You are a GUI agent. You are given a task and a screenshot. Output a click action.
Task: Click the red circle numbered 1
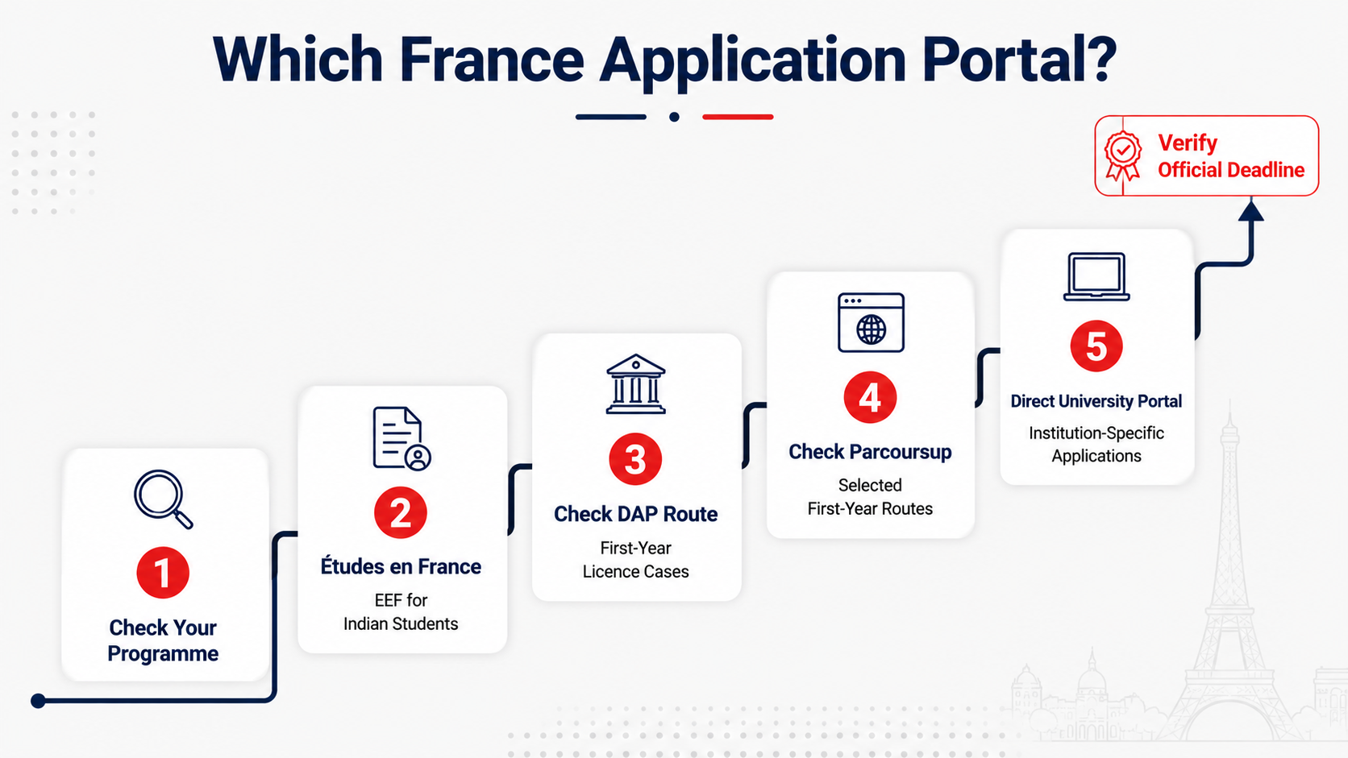(x=163, y=572)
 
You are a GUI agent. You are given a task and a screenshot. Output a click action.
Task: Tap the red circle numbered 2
(x=400, y=513)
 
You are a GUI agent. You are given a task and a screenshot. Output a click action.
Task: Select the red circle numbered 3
(x=635, y=459)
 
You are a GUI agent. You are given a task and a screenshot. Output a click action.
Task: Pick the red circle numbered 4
(x=870, y=397)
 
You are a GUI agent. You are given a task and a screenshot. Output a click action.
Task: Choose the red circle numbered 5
(x=1096, y=346)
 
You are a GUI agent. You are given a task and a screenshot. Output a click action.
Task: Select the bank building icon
(x=635, y=384)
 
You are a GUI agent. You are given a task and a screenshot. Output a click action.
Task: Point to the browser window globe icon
(x=871, y=322)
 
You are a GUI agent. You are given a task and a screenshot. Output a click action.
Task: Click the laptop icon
(x=1096, y=276)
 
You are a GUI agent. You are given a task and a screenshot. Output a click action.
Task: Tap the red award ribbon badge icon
(x=1122, y=155)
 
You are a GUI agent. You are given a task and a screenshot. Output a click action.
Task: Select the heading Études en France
(x=401, y=566)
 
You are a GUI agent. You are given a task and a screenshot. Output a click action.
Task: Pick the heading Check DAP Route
(x=635, y=514)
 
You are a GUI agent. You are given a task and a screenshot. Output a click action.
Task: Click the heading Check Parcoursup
(x=870, y=452)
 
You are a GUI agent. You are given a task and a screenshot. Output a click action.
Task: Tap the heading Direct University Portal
(x=1096, y=401)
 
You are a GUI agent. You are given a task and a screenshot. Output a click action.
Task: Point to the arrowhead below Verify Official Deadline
(x=1251, y=210)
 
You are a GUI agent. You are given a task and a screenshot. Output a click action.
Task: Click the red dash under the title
(x=738, y=117)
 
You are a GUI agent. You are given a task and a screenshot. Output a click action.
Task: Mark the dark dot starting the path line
(x=38, y=701)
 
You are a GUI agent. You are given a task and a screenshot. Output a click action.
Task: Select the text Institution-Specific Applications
(x=1096, y=444)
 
